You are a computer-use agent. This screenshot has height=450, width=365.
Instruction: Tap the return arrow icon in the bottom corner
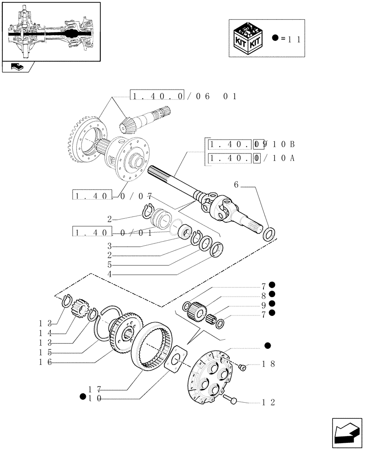coord(346,432)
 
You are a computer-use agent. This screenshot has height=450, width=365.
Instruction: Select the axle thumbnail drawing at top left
coord(50,31)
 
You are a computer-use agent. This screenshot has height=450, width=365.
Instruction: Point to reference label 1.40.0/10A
coord(252,159)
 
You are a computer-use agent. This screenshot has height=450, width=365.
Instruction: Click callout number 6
coord(236,184)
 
